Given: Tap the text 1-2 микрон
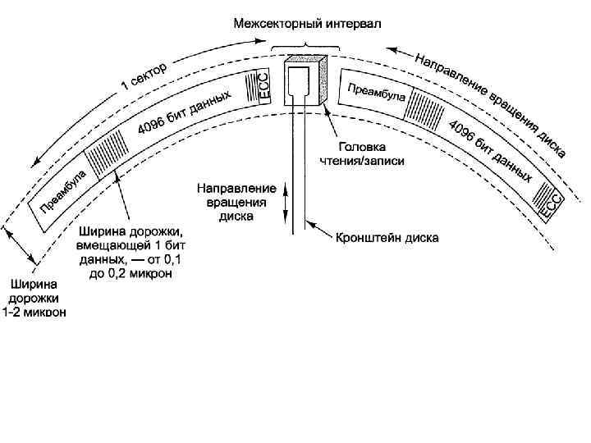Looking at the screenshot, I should [36, 312].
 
